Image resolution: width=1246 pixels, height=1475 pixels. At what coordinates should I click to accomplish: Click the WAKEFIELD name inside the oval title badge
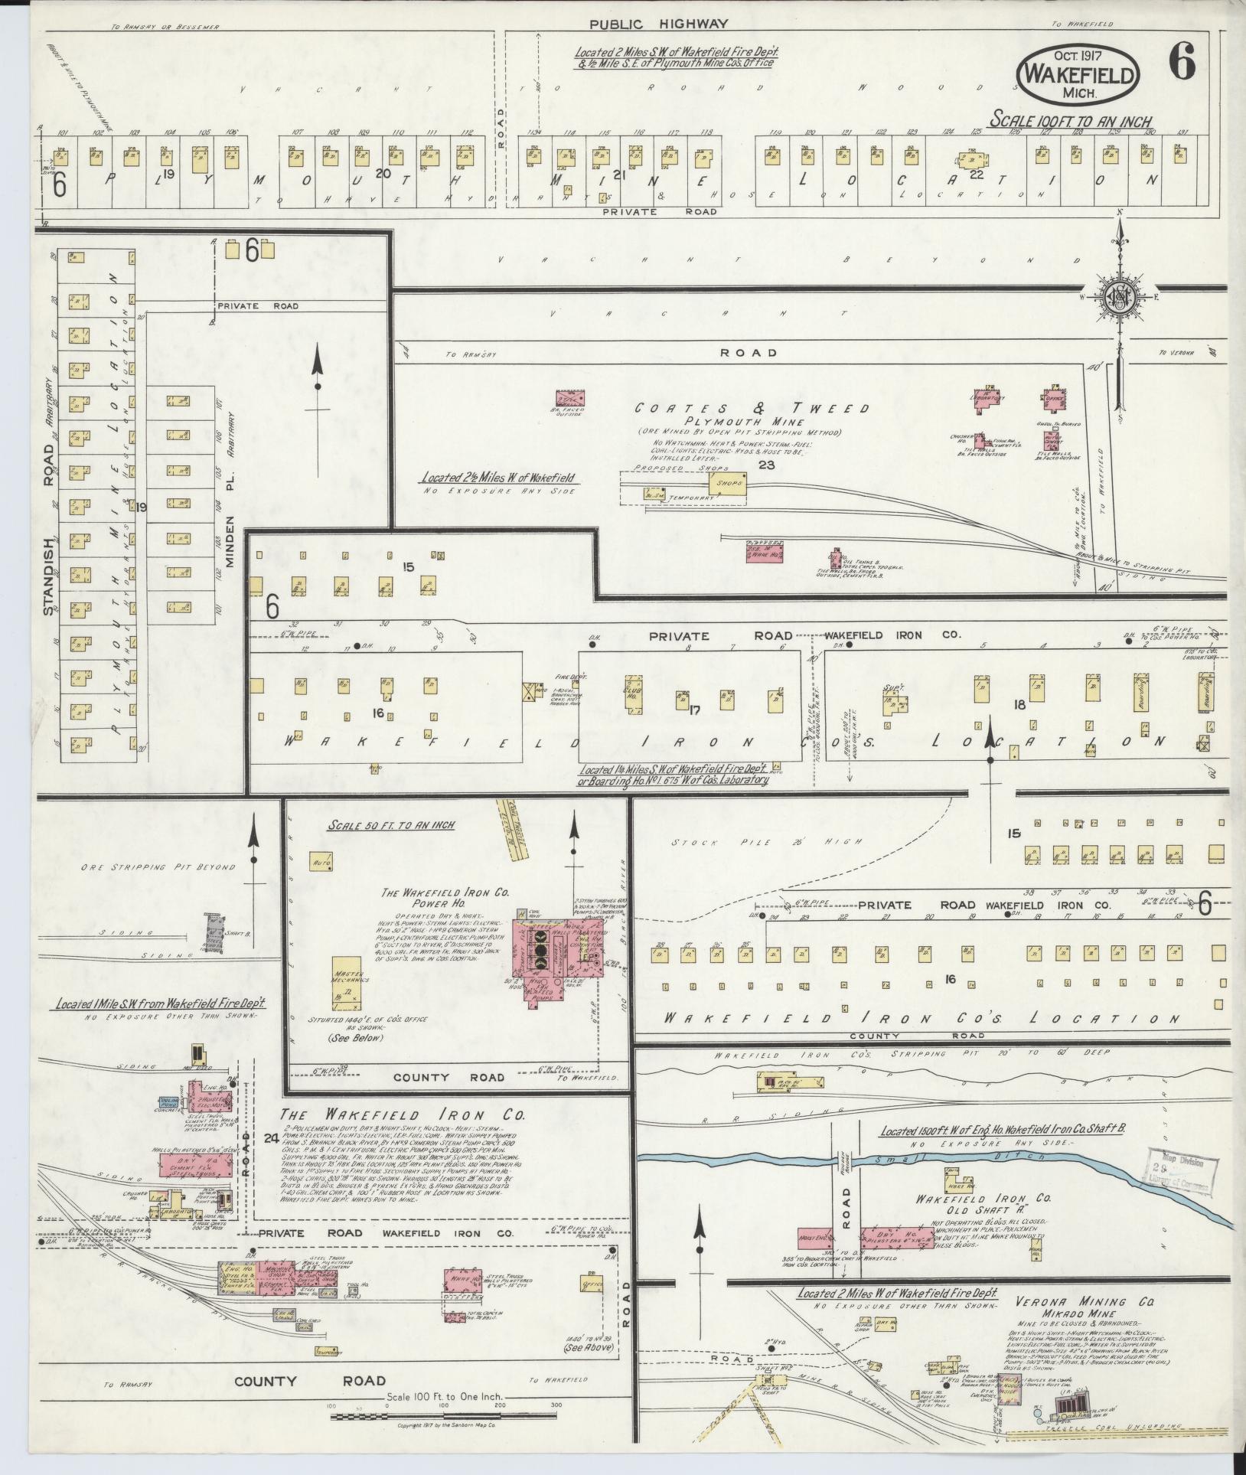coord(1078,75)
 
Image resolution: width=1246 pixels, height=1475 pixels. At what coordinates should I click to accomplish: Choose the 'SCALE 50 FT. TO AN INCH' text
coord(390,825)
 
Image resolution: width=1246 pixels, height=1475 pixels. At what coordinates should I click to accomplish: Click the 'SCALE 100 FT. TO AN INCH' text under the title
coord(1071,121)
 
